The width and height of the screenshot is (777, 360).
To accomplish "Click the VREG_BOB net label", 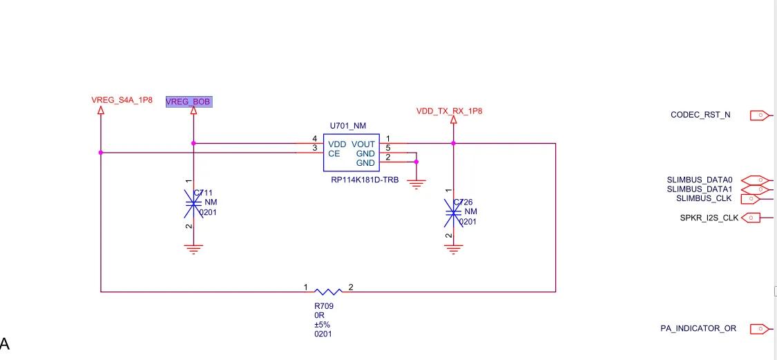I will tap(189, 102).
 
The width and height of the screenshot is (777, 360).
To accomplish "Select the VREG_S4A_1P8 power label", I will tap(122, 100).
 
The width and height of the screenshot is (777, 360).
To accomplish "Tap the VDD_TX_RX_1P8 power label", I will tap(449, 111).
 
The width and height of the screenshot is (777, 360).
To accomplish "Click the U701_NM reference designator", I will tap(347, 126).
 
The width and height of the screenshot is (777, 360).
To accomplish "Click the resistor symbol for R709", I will tap(328, 292).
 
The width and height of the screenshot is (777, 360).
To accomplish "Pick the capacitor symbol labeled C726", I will tap(452, 211).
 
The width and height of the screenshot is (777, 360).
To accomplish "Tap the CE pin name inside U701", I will tap(334, 153).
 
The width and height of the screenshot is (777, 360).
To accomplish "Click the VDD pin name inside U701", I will tap(337, 144).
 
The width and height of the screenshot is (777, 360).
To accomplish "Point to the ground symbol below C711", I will tap(193, 249).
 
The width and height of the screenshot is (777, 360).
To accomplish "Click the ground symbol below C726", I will tap(452, 249).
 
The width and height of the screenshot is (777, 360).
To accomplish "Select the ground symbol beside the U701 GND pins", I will tap(416, 183).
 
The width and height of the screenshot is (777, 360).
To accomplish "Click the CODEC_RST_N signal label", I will tap(700, 115).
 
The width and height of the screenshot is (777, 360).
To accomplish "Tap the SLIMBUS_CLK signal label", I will tap(704, 199).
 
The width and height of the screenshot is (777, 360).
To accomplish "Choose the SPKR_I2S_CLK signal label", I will tap(709, 218).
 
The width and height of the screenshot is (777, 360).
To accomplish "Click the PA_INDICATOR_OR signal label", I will tap(698, 328).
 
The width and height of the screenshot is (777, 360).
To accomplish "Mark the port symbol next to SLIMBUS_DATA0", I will tap(759, 180).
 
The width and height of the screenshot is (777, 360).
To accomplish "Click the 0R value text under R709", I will tap(319, 315).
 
